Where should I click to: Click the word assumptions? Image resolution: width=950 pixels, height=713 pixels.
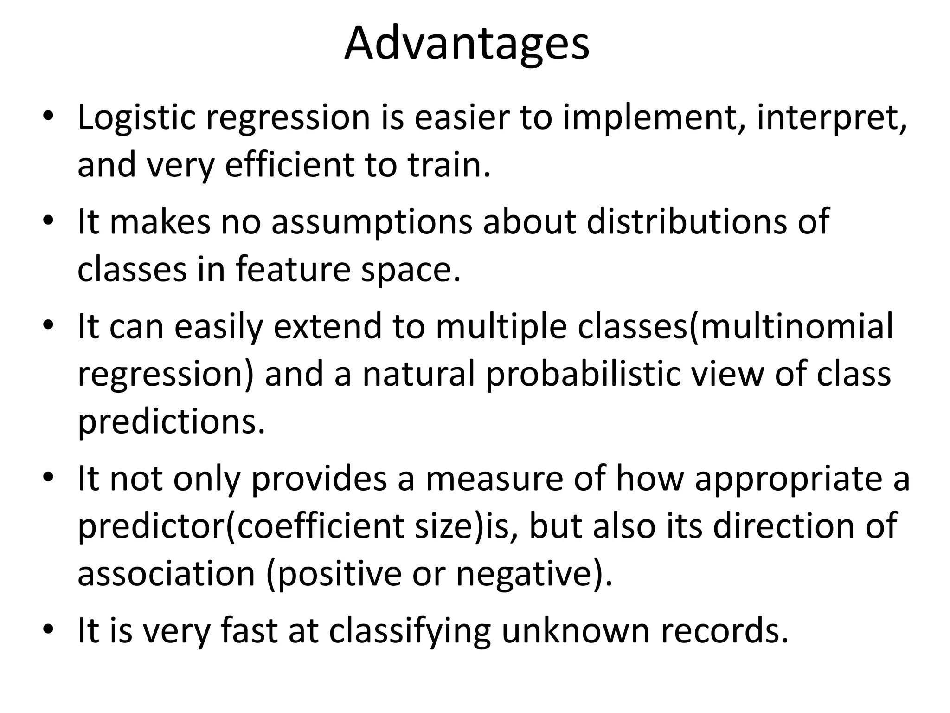[372, 222]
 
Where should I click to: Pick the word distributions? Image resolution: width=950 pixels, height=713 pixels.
[687, 222]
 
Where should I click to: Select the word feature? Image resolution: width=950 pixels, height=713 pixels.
[293, 270]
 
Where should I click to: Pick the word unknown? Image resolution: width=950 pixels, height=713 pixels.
[576, 630]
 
